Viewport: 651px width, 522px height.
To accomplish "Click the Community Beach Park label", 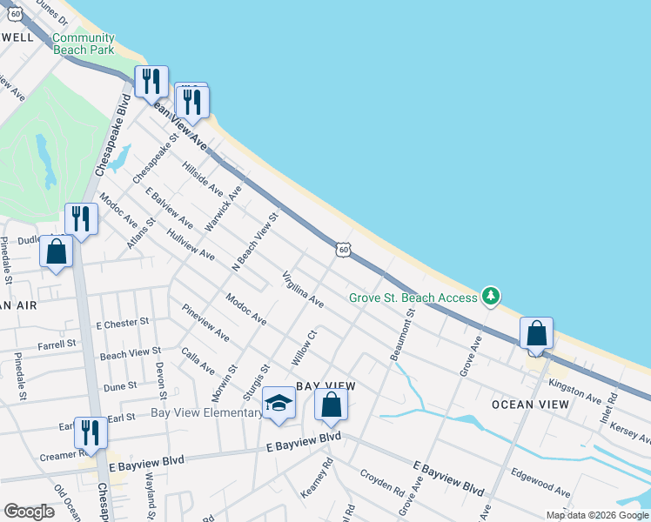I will [x=84, y=43].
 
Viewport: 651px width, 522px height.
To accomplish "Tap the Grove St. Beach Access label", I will [x=413, y=298].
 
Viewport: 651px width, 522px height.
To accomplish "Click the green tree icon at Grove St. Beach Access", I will [x=492, y=297].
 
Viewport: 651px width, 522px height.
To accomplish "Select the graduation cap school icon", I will [x=279, y=403].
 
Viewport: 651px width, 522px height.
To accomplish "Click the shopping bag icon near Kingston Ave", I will [x=536, y=333].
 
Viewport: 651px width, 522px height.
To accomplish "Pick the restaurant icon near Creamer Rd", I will [x=91, y=432].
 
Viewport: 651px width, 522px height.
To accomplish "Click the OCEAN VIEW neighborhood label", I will [x=530, y=405].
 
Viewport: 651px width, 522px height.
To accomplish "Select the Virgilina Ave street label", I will [x=302, y=291].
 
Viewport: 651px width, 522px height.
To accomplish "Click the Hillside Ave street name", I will [x=202, y=178].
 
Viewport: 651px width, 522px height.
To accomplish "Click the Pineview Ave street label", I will [x=205, y=322].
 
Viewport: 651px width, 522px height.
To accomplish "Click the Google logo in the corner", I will [x=29, y=512].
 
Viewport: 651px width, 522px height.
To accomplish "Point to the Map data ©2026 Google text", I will [x=596, y=515].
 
